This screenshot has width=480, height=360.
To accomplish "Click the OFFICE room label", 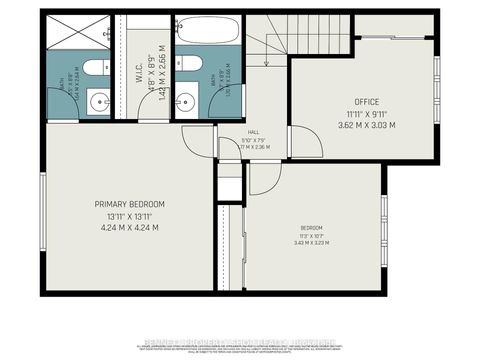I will pyautogui.click(x=366, y=102).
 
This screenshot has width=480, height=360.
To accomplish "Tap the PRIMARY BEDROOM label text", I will pyautogui.click(x=123, y=204).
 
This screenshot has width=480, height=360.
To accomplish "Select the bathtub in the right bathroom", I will pyautogui.click(x=208, y=32).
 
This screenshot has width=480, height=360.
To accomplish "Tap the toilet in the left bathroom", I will pyautogui.click(x=90, y=68).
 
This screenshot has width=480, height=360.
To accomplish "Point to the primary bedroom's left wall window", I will pyautogui.click(x=42, y=206).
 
